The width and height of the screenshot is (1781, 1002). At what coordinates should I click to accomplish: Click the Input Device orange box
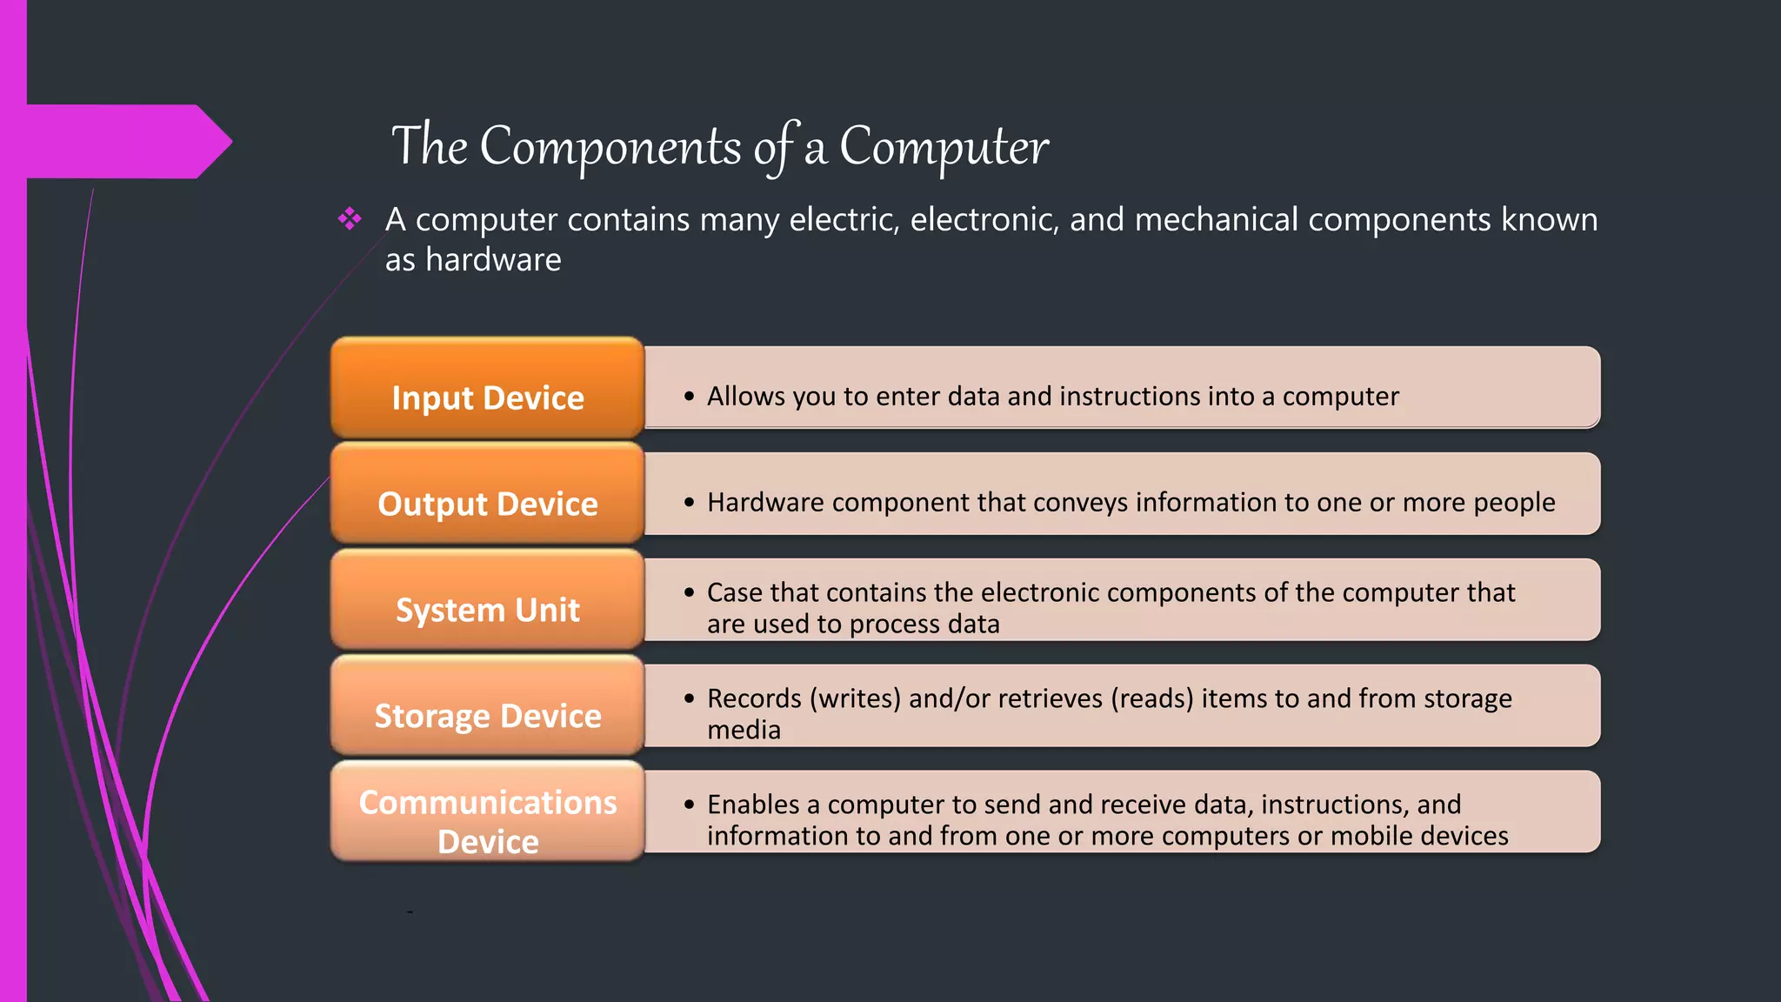[487, 388]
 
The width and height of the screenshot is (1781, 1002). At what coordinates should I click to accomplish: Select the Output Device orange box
[487, 494]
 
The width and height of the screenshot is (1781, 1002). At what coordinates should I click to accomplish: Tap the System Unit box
[487, 600]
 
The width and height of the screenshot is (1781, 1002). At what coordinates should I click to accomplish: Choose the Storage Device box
[487, 706]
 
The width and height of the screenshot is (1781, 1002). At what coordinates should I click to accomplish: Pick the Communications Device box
[487, 812]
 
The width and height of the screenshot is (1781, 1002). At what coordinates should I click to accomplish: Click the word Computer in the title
[944, 146]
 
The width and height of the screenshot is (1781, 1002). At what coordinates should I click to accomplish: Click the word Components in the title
[610, 146]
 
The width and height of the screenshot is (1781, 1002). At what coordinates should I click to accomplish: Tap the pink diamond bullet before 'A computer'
[350, 218]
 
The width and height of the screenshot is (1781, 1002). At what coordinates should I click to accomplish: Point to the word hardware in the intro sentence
[493, 259]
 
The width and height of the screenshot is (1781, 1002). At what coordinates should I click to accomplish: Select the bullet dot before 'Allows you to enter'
[689, 397]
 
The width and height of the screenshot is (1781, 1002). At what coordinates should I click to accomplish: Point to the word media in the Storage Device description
[744, 730]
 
